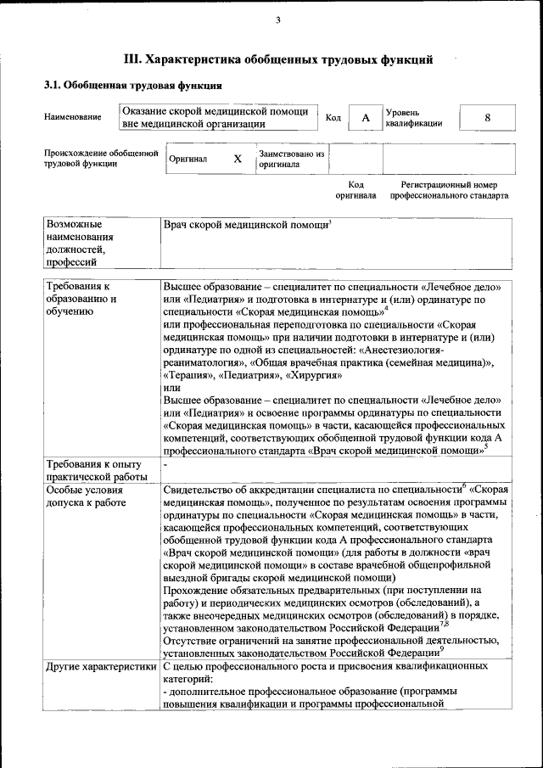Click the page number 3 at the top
pos(277,21)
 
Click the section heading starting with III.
pos(279,59)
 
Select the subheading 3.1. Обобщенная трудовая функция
pos(133,86)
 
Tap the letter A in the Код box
pos(366,118)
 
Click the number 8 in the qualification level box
pos(487,118)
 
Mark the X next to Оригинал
pos(238,159)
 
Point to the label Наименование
pos(72,117)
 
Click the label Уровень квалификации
pos(413,117)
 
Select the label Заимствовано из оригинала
pos(292,160)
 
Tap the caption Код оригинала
pos(355,190)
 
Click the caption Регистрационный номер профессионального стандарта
pos(449,190)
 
